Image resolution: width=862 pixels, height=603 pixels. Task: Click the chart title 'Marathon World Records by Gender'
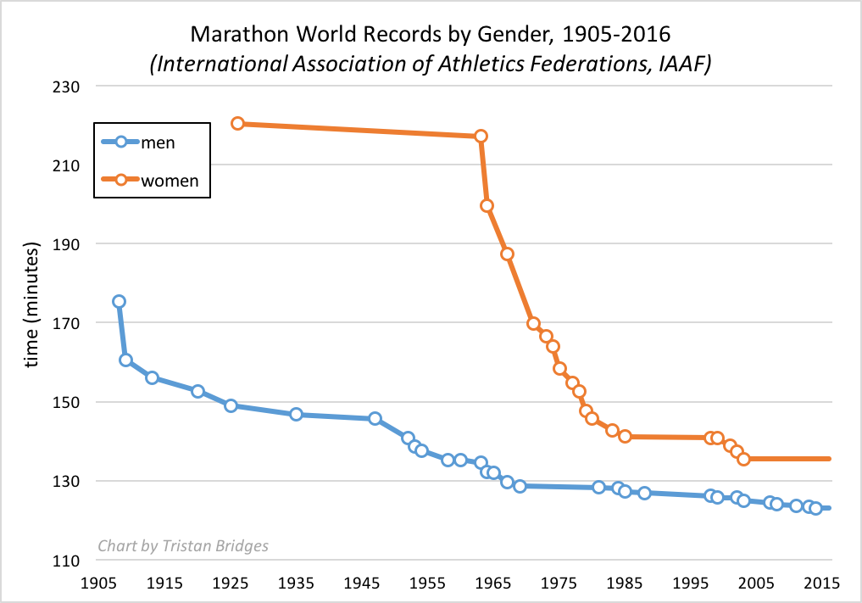(431, 36)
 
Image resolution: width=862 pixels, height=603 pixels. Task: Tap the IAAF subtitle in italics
(431, 64)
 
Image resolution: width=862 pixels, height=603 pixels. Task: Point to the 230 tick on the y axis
(64, 87)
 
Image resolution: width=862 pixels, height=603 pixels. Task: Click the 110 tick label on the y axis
(64, 561)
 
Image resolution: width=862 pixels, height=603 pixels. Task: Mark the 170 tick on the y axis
(64, 323)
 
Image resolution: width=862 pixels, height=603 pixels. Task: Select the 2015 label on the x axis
(822, 583)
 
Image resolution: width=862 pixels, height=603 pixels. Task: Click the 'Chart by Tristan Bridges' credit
(183, 545)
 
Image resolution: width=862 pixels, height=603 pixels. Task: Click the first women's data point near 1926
(237, 123)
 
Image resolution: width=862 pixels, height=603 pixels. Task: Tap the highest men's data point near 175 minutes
(119, 301)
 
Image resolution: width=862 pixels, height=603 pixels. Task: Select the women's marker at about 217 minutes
(481, 136)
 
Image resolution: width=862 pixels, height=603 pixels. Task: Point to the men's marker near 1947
(375, 418)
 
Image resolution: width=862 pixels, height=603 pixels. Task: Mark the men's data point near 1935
(296, 414)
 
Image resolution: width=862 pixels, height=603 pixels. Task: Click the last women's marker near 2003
(743, 459)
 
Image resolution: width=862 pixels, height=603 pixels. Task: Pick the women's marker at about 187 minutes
(507, 254)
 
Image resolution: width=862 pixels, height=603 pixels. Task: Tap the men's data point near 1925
(231, 405)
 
